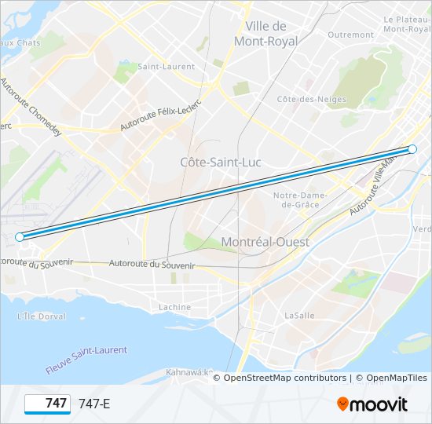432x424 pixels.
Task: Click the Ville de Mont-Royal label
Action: pyautogui.click(x=265, y=32)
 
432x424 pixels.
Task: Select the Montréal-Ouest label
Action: pyautogui.click(x=265, y=242)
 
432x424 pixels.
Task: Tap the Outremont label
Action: pyautogui.click(x=350, y=35)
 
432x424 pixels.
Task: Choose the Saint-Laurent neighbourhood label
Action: pyautogui.click(x=166, y=67)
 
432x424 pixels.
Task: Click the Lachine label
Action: pyautogui.click(x=174, y=307)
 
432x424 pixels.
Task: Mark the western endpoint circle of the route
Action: pyautogui.click(x=20, y=236)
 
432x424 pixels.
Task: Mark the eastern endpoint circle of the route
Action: pyautogui.click(x=412, y=149)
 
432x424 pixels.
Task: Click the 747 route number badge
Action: pyautogui.click(x=47, y=404)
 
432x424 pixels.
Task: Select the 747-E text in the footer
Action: pyautogui.click(x=95, y=404)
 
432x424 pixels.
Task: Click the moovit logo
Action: pyautogui.click(x=372, y=404)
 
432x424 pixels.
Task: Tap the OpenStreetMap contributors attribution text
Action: pyautogui.click(x=285, y=378)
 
